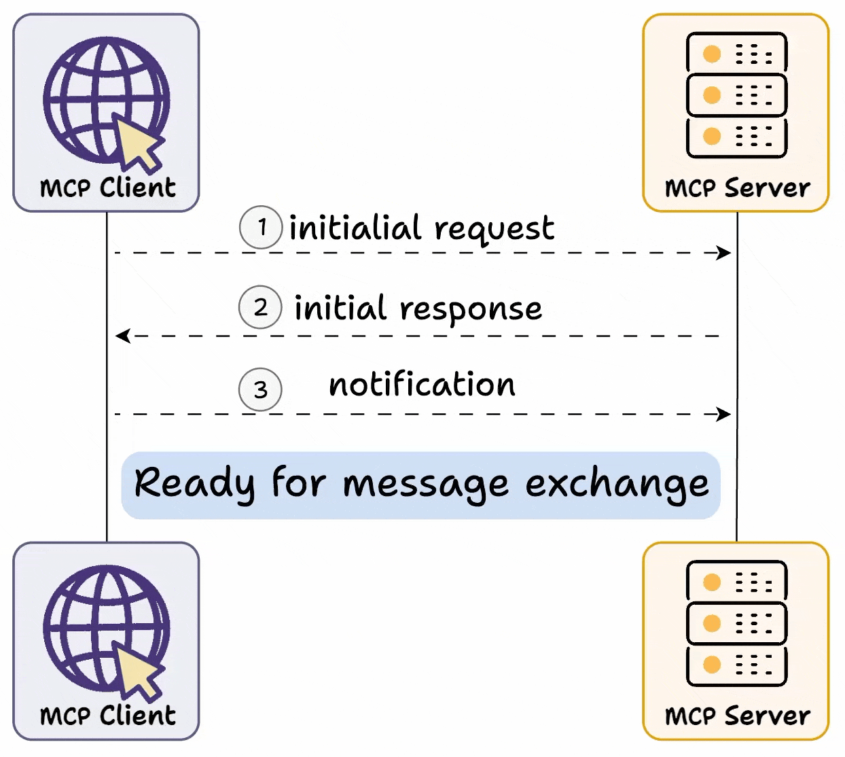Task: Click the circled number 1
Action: [x=261, y=227]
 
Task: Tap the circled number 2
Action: [x=260, y=307]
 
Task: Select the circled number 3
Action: [x=260, y=389]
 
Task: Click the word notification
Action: [x=422, y=385]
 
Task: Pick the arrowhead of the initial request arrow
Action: [x=725, y=253]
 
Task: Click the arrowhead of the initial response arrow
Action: [x=122, y=336]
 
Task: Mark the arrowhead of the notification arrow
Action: [x=725, y=414]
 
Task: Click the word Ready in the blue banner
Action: [x=194, y=484]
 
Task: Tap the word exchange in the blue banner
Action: [x=617, y=484]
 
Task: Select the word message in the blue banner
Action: [x=425, y=485]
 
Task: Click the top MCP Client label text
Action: [x=107, y=188]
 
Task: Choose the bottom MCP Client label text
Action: [x=107, y=716]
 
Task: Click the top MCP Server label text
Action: [x=737, y=188]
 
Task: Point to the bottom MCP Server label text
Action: [x=737, y=716]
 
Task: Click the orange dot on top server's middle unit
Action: [x=712, y=95]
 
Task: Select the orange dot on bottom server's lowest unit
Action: [x=712, y=664]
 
